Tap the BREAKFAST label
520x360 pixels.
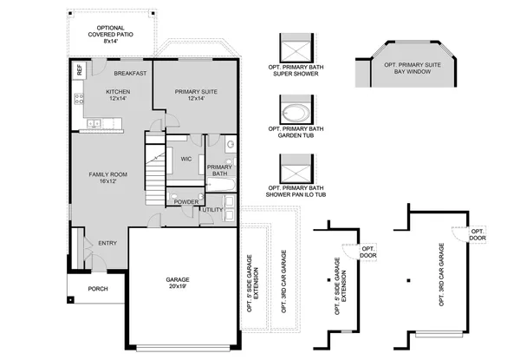(128, 73)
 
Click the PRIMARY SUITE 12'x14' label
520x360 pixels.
(195, 95)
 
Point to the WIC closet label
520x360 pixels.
(185, 159)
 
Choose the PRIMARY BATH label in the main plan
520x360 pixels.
(218, 170)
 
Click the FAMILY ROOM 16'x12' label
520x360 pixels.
(101, 178)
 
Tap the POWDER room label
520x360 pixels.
(185, 201)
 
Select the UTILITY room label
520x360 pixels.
(213, 210)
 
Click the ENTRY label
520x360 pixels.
(107, 243)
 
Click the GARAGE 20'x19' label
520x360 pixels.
(178, 283)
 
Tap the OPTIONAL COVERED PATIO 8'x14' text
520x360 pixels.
(110, 33)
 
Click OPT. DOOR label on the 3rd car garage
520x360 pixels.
(478, 234)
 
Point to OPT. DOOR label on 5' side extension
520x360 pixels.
(367, 252)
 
